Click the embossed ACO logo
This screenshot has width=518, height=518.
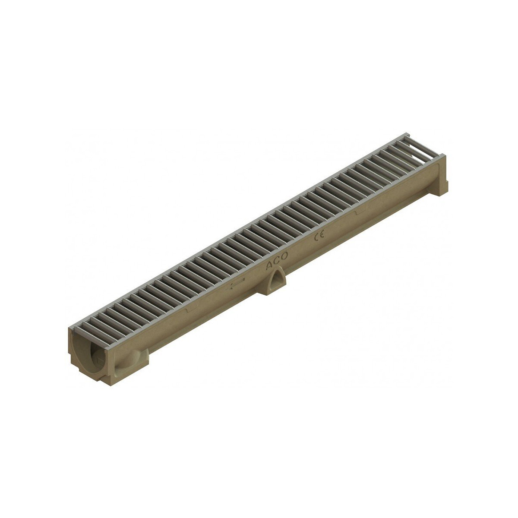pyautogui.click(x=276, y=261)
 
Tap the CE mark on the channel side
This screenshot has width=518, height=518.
pyautogui.click(x=319, y=236)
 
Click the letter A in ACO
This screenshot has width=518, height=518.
pyautogui.click(x=269, y=265)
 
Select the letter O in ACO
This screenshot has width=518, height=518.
pyautogui.click(x=284, y=256)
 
